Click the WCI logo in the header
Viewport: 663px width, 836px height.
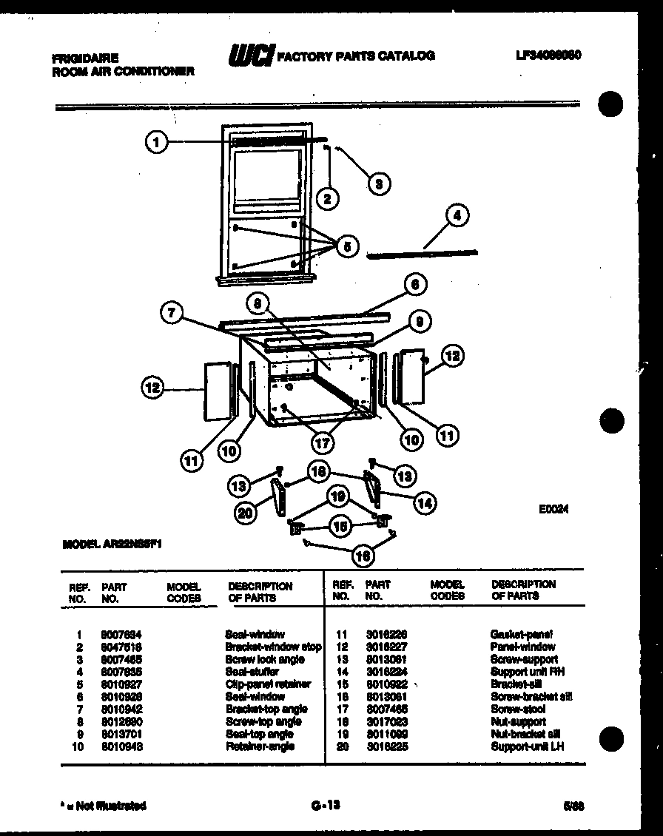[251, 55]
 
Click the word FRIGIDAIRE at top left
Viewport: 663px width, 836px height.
[85, 57]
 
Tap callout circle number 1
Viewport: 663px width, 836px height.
[155, 142]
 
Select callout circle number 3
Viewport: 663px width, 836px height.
[379, 183]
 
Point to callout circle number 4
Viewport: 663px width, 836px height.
[457, 216]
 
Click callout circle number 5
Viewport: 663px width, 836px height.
[346, 246]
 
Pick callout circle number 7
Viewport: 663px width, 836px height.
[172, 314]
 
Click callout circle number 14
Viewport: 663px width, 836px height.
[424, 503]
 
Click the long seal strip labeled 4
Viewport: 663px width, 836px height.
[422, 254]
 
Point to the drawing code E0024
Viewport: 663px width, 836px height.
[553, 510]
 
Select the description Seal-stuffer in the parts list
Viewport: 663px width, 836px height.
[252, 672]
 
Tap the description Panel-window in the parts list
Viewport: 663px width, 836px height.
[522, 647]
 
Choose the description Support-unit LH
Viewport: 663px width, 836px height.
[527, 746]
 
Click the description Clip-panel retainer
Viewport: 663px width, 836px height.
[267, 684]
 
